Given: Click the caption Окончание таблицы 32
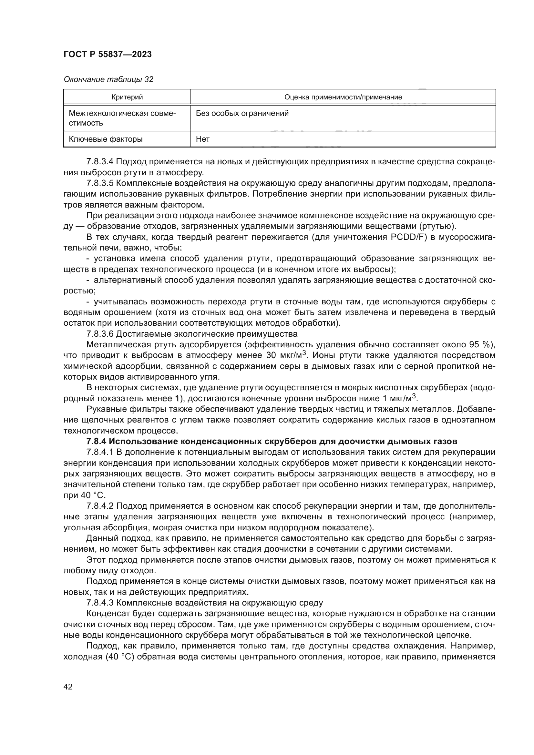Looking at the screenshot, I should click(108, 79).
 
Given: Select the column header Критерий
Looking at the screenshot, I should click(127, 97).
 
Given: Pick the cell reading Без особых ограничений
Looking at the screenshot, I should click(242, 113).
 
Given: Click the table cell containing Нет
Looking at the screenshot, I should click(202, 139).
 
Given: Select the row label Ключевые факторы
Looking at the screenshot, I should click(106, 139).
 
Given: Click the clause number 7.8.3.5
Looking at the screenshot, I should click(100, 183).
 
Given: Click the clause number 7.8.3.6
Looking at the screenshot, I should click(100, 334).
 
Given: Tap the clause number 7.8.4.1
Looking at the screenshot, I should click(100, 452).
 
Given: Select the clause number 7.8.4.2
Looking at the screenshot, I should click(100, 506).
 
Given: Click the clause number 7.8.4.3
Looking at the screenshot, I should click(100, 603).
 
